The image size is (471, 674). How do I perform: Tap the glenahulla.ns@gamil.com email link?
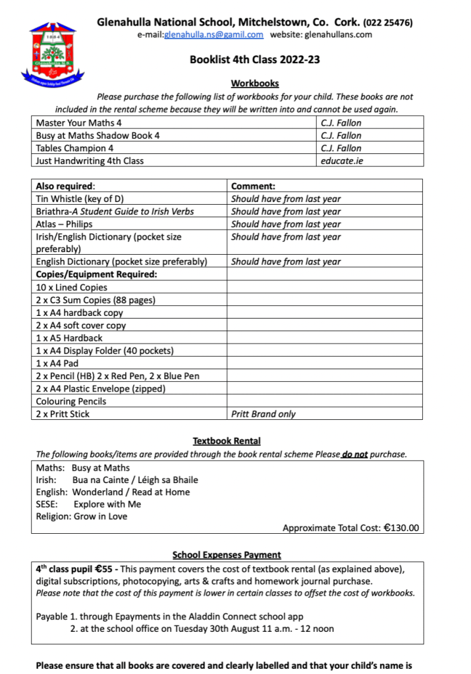(x=213, y=34)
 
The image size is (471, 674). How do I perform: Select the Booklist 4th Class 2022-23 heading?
(x=255, y=59)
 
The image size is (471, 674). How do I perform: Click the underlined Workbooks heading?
(x=255, y=84)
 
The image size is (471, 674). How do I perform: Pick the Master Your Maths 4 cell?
(x=79, y=122)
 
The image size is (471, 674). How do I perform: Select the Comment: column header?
(x=253, y=186)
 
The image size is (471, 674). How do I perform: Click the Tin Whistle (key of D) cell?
(x=80, y=199)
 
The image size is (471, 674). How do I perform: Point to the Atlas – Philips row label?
(x=64, y=224)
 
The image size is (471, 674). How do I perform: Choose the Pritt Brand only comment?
(x=263, y=414)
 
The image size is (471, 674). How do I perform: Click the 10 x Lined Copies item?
(x=71, y=287)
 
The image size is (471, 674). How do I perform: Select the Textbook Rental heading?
(x=227, y=441)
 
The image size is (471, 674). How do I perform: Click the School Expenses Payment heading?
(x=227, y=555)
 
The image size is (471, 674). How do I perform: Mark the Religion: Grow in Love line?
(x=82, y=516)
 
